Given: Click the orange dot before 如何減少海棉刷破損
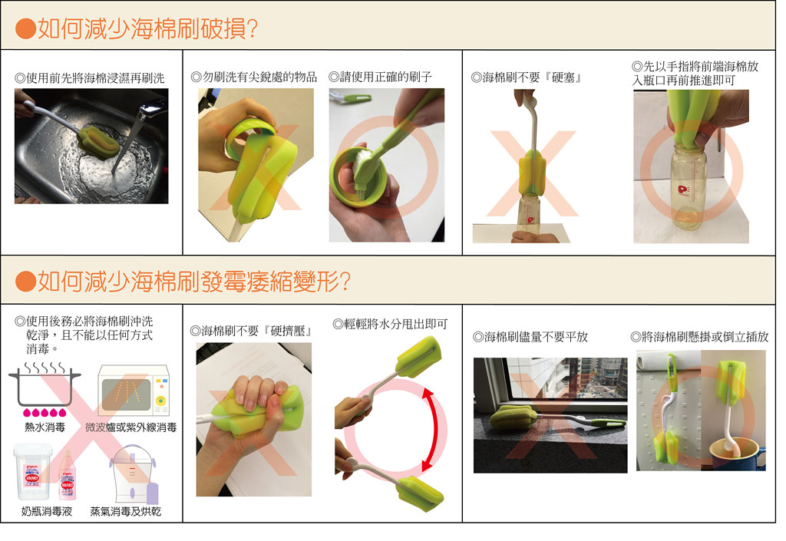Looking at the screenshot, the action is (25, 29).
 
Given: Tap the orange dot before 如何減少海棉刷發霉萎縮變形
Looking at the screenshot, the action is (25, 282).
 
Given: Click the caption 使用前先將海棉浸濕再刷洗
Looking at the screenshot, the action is (90, 78).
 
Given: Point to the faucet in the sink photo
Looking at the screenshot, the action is (150, 110).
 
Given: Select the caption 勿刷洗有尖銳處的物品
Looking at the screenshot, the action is (253, 78).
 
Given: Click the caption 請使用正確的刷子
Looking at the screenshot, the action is (380, 77).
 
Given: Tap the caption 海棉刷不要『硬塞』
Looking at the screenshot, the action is (527, 78).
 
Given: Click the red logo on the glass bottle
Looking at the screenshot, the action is (683, 190).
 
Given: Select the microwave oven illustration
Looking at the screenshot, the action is (134, 391).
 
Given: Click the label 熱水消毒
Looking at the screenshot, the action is (45, 427).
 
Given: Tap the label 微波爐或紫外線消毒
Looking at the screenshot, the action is (130, 427).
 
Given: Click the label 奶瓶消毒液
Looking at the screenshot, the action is (47, 511).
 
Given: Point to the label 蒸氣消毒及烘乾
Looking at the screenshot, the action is (125, 511).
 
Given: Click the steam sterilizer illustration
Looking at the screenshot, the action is (134, 474).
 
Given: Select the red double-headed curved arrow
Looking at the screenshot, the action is (430, 430).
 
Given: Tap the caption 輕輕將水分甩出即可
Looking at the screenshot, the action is (390, 324).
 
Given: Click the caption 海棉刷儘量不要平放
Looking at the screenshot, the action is (530, 337).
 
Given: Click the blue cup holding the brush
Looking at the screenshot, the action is (738, 454).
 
